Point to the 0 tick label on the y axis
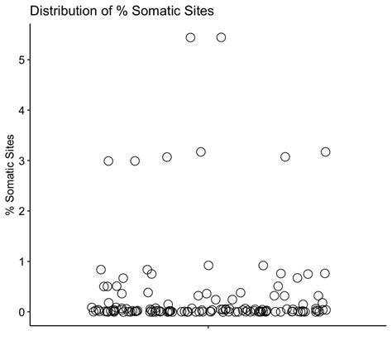(x=21, y=311)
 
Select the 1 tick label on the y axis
(x=21, y=261)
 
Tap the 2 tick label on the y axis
(x=21, y=210)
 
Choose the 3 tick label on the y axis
(x=21, y=160)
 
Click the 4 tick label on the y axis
(x=21, y=110)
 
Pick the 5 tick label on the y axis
(x=21, y=60)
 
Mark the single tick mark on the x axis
(x=207, y=328)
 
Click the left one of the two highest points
(x=190, y=37)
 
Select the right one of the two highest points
(x=221, y=37)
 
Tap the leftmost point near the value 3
(x=108, y=161)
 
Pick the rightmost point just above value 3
(x=325, y=151)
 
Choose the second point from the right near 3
(x=285, y=156)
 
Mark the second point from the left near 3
(x=135, y=161)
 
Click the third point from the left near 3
(x=167, y=156)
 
